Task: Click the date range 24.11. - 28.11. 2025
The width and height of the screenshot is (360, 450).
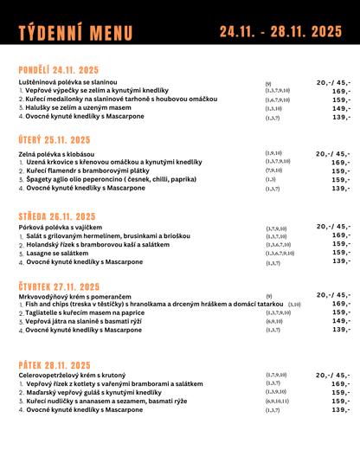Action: click(280, 32)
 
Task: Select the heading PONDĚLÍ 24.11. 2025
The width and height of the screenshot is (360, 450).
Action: click(59, 70)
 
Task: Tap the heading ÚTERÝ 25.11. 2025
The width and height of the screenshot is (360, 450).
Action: click(55, 139)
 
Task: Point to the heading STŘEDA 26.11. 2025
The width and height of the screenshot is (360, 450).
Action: click(57, 216)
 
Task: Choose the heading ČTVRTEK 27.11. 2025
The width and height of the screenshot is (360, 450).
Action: click(61, 285)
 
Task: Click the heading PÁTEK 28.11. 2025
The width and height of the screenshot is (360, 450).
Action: click(54, 365)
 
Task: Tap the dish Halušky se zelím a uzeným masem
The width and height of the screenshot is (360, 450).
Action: click(76, 108)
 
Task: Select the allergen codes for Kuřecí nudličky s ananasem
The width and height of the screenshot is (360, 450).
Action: click(278, 402)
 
